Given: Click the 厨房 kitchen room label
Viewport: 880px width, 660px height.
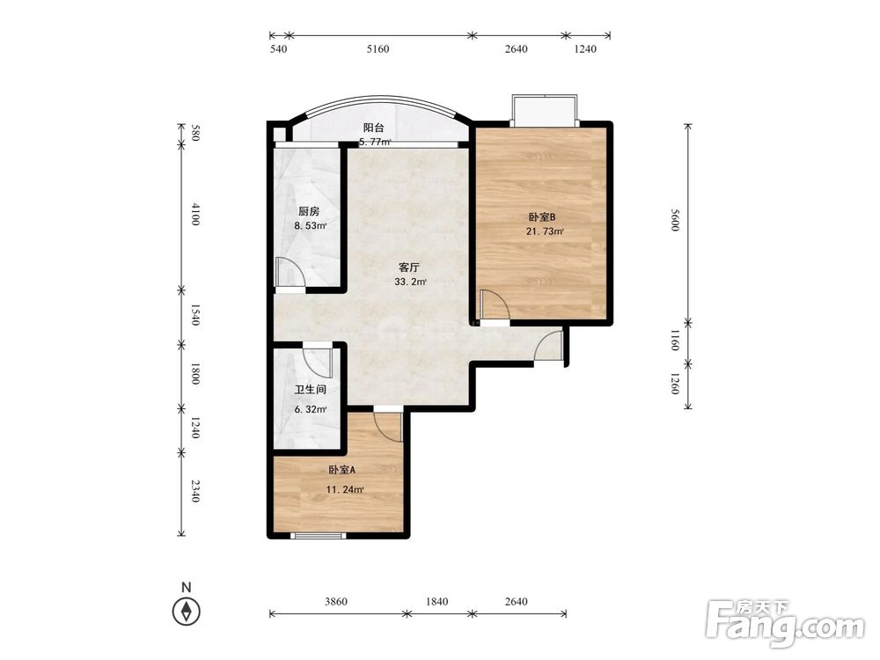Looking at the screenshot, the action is coord(309,211).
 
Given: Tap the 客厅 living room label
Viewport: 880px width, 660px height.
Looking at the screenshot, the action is coord(409,268).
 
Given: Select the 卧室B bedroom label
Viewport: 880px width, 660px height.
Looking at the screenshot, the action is coord(541,217).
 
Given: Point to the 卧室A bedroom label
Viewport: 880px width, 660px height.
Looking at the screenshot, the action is coord(341,470).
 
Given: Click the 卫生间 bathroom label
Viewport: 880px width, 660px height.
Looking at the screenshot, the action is coord(311,390).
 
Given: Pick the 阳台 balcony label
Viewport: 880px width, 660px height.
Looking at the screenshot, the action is coord(373,128).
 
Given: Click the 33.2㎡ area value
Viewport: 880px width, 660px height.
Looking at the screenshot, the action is coord(410,282).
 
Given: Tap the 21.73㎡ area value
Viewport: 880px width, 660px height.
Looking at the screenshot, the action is coord(545,231).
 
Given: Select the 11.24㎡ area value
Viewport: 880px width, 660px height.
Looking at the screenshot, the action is coord(345,489).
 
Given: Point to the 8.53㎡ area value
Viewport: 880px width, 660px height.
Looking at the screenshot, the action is coord(311,225).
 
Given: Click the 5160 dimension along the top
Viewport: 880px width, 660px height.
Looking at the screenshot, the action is coord(378,48).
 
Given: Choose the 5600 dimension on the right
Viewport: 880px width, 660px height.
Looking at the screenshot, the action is coord(675,219).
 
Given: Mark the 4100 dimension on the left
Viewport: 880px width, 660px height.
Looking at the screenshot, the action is coord(194,215).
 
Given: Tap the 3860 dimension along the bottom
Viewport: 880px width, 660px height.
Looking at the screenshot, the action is coord(335,602).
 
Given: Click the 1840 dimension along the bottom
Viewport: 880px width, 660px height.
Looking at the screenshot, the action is coord(436,602).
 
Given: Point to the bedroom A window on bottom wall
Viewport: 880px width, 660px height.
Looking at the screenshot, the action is coord(319,536).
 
